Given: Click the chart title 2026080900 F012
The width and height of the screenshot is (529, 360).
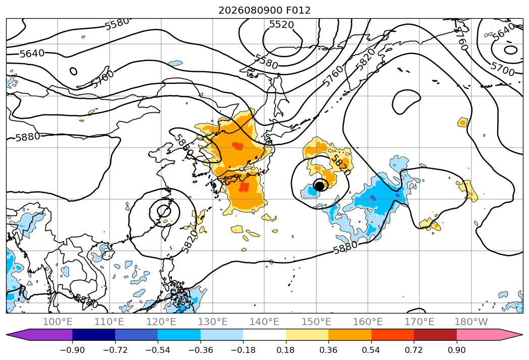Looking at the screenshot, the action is pos(265,11).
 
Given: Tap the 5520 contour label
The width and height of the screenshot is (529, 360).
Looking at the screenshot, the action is pos(282,25).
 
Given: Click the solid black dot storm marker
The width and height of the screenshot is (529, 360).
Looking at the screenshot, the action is pos(319,186).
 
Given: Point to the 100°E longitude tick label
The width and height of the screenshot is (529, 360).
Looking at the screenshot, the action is pos(58,322).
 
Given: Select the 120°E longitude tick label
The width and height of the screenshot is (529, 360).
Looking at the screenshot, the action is pos(161,322).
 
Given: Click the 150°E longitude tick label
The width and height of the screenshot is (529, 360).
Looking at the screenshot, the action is pos(316,322).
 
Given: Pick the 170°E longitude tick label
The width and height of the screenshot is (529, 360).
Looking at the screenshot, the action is pos(419,322).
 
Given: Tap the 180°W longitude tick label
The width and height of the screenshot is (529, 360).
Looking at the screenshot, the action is pos(471,322).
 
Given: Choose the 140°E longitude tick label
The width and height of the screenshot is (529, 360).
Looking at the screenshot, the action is pos(264,322).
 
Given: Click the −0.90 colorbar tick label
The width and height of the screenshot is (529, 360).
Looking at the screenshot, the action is pos(72,350).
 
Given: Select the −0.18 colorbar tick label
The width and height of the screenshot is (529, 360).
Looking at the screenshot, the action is pos(243,350).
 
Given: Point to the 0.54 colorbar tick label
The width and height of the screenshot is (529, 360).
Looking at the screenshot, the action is pos(371,350).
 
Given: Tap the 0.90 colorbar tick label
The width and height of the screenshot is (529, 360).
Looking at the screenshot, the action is pos(456,350).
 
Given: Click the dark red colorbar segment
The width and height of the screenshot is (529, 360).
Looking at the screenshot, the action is pos(435,334).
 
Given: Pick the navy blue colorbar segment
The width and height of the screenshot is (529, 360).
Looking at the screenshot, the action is pos(93,334).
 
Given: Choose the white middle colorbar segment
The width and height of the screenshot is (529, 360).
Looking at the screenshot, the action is pos(265,334).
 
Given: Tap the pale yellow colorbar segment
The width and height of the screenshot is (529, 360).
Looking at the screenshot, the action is pos(307,334).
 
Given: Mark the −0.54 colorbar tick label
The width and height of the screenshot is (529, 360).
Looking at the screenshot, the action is pos(158,350).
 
